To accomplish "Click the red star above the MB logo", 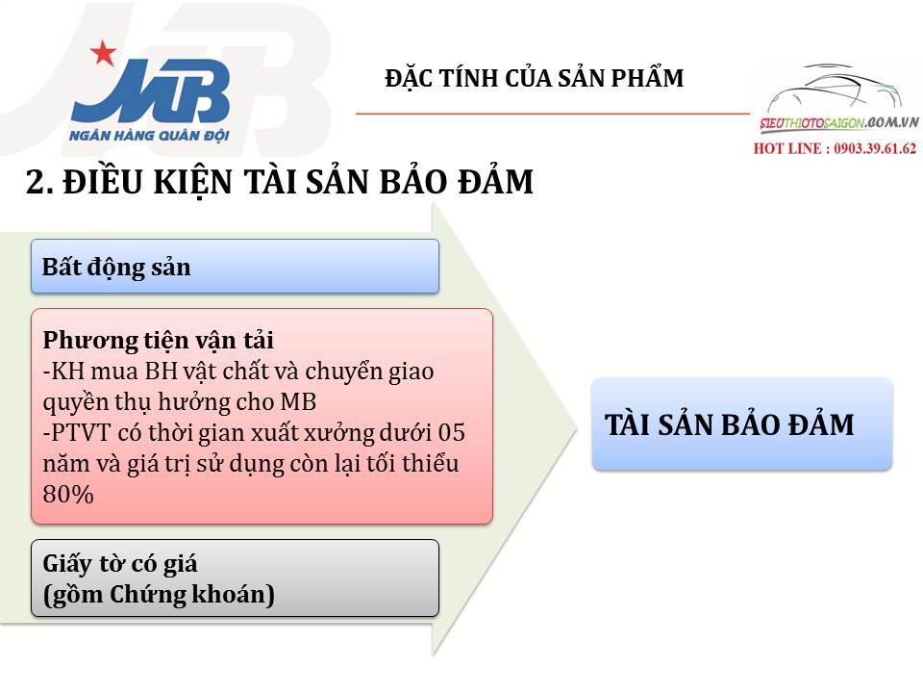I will click(101, 53).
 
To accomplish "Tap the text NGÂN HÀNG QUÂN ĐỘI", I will click(149, 136).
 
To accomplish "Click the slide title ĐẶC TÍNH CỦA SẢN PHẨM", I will click(534, 79).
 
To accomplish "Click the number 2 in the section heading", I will click(35, 183).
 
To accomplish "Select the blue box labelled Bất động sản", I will click(235, 267).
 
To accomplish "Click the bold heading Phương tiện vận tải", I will click(159, 341).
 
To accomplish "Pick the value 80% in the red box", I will click(68, 494).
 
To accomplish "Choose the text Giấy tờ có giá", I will click(120, 564).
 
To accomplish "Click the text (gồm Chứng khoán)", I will click(159, 595).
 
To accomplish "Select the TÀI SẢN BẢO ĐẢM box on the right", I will click(741, 424).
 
